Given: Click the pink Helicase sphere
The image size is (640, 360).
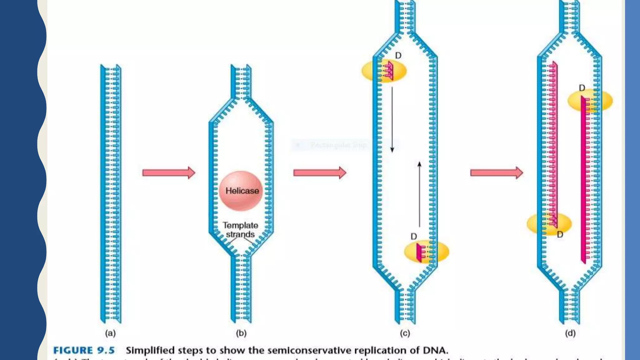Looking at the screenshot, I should [241, 191].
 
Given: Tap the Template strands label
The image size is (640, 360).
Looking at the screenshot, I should [240, 230].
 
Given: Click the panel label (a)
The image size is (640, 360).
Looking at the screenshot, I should [110, 333].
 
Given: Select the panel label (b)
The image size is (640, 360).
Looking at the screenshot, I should [241, 333].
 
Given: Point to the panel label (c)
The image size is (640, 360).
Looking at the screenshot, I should [405, 333].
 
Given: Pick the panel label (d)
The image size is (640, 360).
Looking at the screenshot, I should [570, 333].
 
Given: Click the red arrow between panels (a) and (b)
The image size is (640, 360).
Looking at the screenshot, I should [169, 172].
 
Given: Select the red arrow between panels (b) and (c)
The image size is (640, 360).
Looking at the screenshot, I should [320, 172].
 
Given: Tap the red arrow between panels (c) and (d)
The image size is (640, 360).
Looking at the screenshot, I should [497, 172].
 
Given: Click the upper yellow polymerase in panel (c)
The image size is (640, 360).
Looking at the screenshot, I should [384, 71].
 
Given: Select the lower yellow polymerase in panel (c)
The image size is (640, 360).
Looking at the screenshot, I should [427, 252].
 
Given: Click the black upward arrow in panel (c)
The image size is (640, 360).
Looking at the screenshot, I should [419, 194].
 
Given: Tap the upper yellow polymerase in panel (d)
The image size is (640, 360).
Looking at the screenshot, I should [590, 101].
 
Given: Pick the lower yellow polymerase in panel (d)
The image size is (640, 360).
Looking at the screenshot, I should [549, 223].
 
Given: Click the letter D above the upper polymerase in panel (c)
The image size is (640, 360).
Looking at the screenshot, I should [398, 56].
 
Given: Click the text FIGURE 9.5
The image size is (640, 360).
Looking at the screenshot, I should [84, 350].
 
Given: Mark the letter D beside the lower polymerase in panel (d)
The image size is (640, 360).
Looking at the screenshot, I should [560, 234].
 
